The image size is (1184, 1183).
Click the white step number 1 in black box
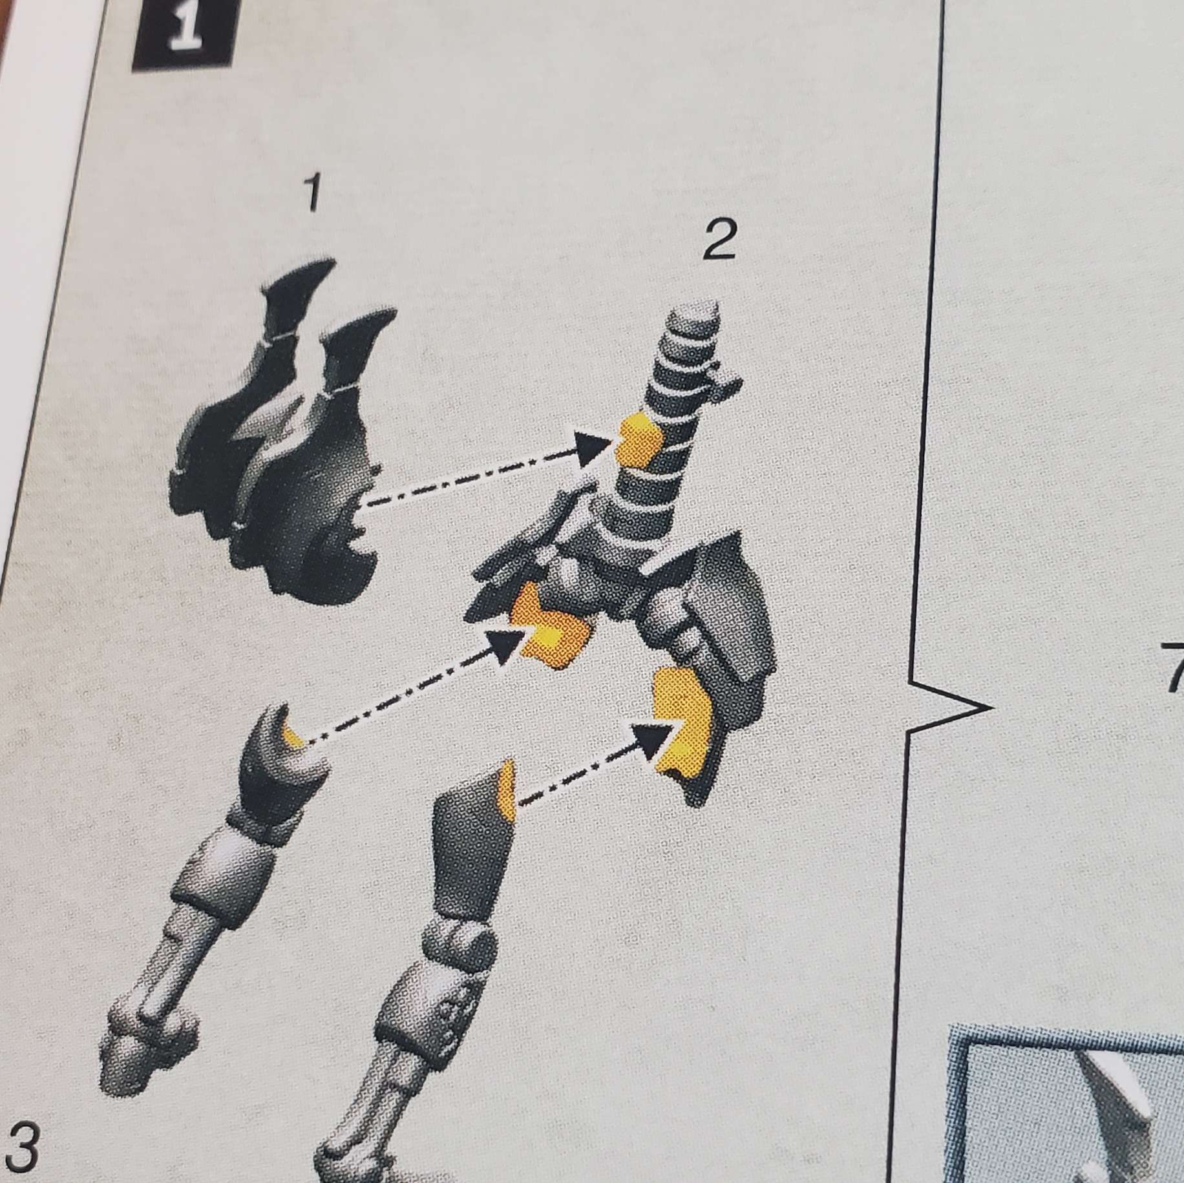click(x=183, y=36)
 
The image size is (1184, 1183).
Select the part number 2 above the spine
click(x=719, y=244)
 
